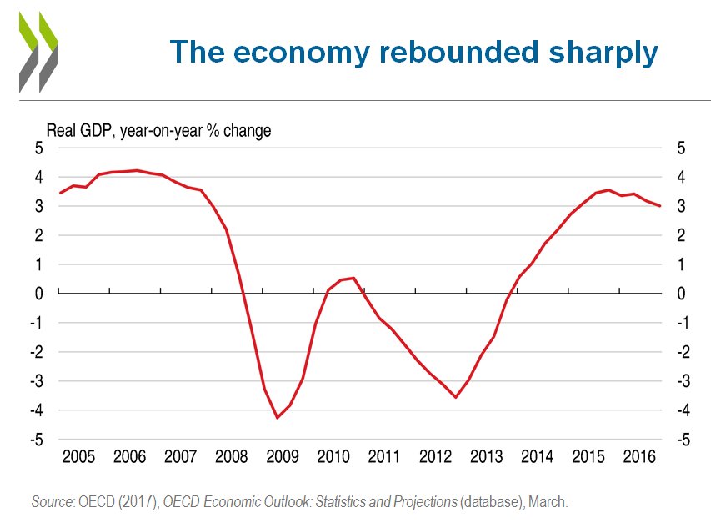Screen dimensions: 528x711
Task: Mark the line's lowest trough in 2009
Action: point(277,418)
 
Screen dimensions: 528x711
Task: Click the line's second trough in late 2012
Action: point(455,397)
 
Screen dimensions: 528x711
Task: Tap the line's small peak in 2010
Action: point(353,278)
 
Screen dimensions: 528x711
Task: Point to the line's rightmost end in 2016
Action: point(660,206)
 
